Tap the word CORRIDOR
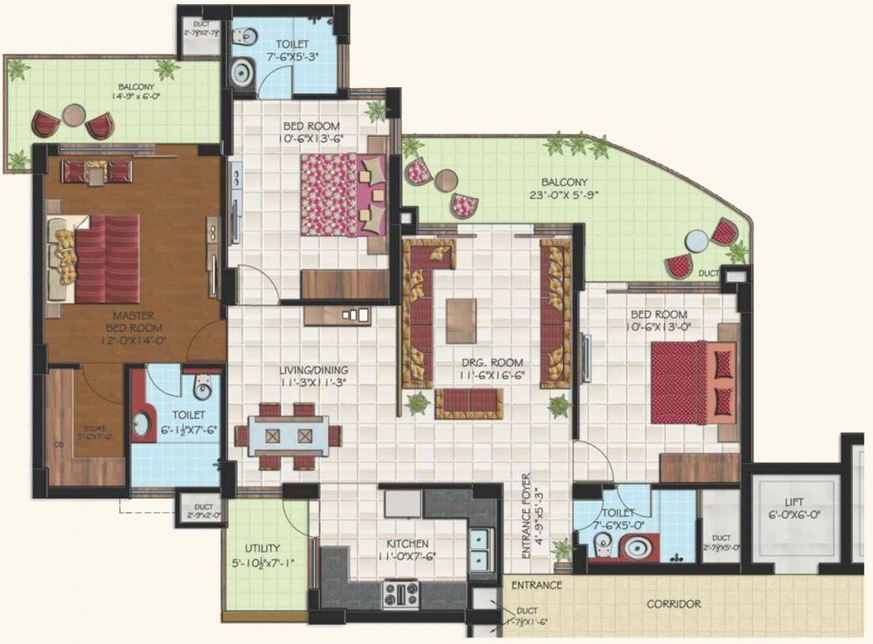[674, 604]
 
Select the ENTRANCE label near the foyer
[536, 584]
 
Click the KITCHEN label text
[408, 543]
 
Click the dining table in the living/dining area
[287, 436]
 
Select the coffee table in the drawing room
[461, 321]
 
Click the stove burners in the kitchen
[401, 595]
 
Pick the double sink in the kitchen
[480, 548]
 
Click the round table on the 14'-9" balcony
[74, 115]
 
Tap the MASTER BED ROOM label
[134, 322]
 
